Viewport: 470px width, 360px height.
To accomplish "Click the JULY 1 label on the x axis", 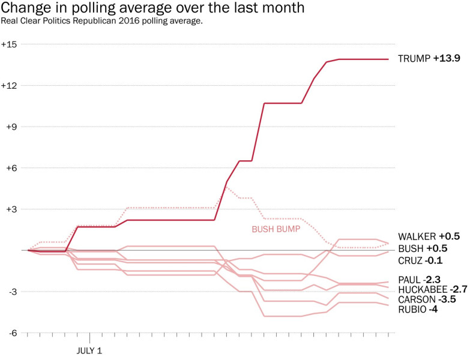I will coord(89,349).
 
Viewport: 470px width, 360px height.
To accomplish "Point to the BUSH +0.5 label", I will coord(423,248).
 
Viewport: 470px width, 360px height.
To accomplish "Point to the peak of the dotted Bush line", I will coord(227,187).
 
